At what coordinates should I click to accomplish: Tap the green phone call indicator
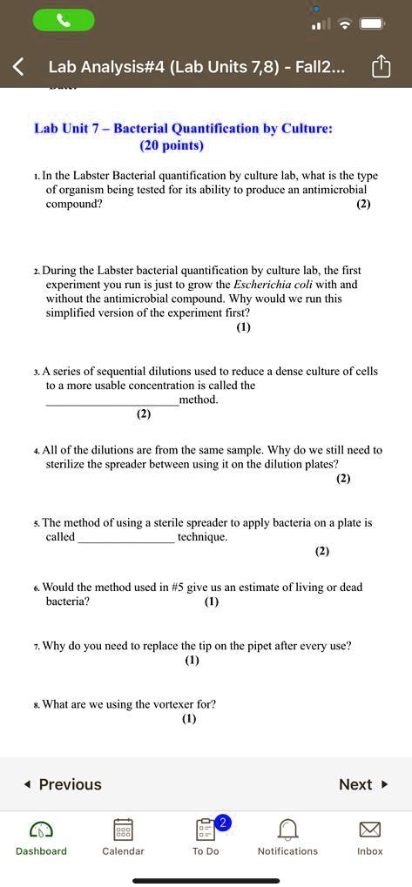(x=63, y=21)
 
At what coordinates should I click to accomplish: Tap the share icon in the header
(x=381, y=67)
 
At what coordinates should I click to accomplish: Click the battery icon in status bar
(x=372, y=24)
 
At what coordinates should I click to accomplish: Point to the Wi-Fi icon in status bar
(x=345, y=24)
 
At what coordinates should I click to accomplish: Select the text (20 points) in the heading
(x=172, y=145)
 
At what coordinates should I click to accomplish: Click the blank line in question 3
(x=111, y=400)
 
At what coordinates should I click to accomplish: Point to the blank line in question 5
(x=126, y=538)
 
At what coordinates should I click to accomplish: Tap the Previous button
(x=63, y=784)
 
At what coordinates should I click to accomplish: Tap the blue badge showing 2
(x=223, y=823)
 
